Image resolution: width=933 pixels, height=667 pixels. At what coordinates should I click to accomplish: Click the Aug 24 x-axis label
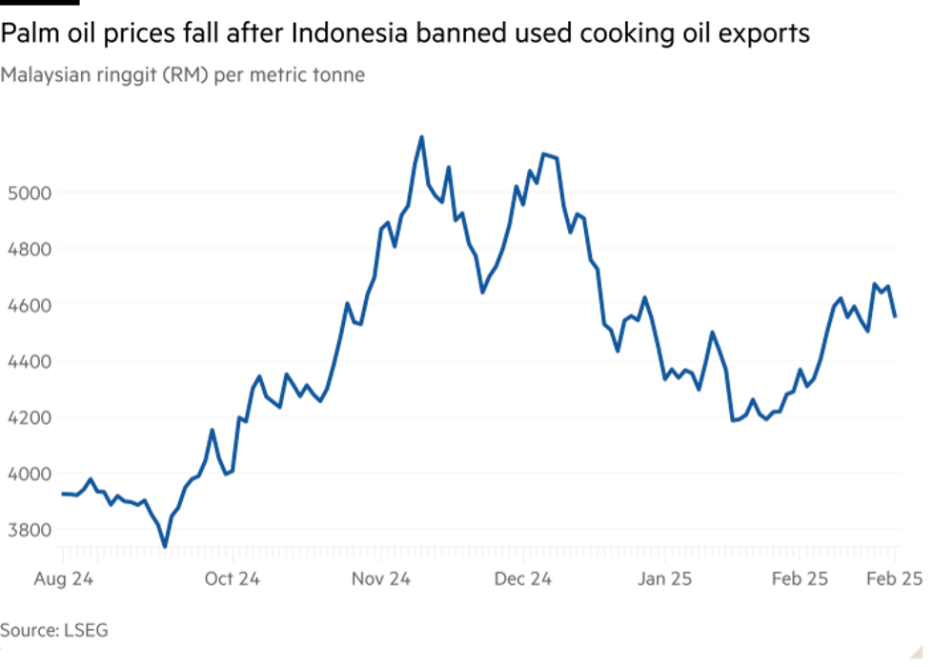pos(63,578)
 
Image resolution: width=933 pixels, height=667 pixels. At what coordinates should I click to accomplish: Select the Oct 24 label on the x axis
pos(233,578)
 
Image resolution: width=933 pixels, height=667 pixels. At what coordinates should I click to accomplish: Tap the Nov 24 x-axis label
pos(380,578)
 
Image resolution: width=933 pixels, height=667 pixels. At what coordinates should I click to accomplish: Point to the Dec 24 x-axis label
pos(522,578)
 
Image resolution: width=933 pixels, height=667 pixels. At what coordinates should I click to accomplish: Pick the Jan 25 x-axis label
pos(664,578)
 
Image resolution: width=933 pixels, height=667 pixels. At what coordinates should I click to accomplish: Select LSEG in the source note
pos(86,629)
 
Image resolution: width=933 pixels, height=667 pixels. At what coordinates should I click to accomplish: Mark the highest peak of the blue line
pos(420,137)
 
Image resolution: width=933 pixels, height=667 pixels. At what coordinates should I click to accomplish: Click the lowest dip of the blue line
pos(165,546)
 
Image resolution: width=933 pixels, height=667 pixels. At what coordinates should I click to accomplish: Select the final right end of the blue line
pos(896,317)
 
